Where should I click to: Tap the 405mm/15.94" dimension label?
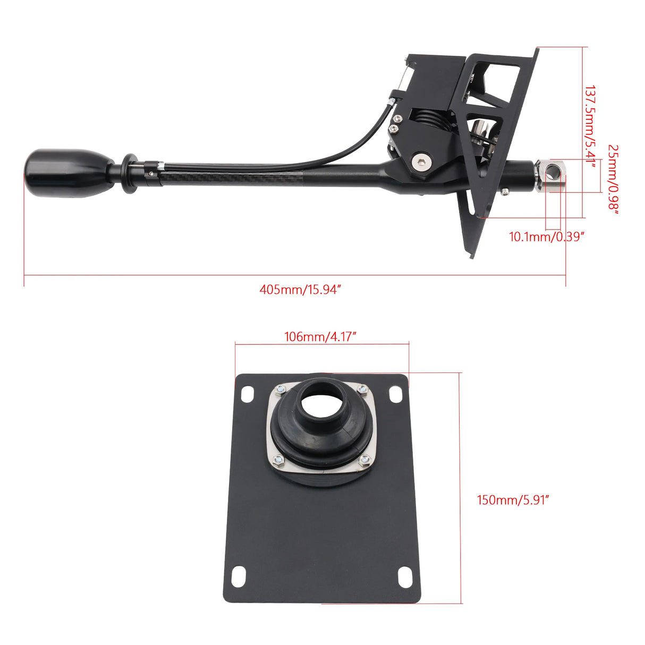tap(300, 290)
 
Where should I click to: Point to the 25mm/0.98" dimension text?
tap(614, 180)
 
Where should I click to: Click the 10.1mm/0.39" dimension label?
tap(547, 237)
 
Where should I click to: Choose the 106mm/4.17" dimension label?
tap(320, 337)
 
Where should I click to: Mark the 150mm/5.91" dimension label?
tap(513, 500)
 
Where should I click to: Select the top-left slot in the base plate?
tap(248, 394)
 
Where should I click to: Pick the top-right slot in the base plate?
tap(396, 394)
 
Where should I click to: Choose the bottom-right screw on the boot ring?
tap(364, 461)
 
